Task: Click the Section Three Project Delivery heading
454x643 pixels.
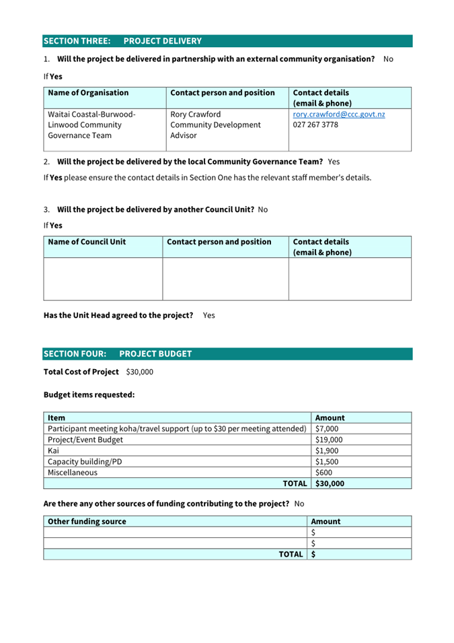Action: pyautogui.click(x=122, y=41)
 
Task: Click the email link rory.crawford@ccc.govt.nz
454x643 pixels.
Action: pyautogui.click(x=338, y=114)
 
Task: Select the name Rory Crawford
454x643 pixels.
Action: pyautogui.click(x=195, y=114)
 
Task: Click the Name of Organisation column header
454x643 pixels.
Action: pyautogui.click(x=88, y=93)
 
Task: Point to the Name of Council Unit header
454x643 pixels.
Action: pyautogui.click(x=87, y=242)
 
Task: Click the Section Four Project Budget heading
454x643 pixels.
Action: pyautogui.click(x=118, y=353)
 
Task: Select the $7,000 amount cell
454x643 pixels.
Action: pyautogui.click(x=327, y=428)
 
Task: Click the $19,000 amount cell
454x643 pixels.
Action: pyautogui.click(x=329, y=440)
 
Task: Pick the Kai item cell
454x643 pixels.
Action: pyautogui.click(x=54, y=450)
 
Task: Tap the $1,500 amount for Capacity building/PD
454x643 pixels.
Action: pyautogui.click(x=327, y=462)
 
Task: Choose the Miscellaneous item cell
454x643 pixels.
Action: pyautogui.click(x=72, y=473)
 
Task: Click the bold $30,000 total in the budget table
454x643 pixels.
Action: pyautogui.click(x=330, y=483)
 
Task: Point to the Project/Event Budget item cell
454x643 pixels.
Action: pyautogui.click(x=85, y=440)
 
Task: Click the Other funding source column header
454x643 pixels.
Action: pyautogui.click(x=87, y=521)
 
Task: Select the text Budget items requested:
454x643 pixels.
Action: pyautogui.click(x=89, y=395)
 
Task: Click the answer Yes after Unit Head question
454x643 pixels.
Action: pyautogui.click(x=209, y=315)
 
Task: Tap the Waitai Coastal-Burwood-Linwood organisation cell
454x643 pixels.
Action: pyautogui.click(x=91, y=125)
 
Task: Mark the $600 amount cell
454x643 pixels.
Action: pyautogui.click(x=324, y=473)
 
